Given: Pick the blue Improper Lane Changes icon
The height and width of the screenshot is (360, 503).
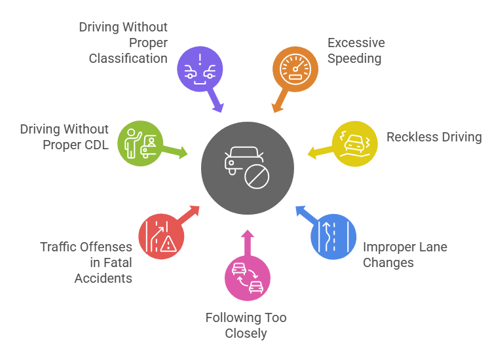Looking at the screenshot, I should click(333, 236).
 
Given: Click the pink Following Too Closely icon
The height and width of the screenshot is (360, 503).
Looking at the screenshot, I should click(248, 278).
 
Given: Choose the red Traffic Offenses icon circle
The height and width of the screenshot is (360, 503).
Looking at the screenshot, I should click(161, 236).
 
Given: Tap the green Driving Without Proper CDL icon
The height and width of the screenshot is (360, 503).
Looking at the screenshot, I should click(140, 143).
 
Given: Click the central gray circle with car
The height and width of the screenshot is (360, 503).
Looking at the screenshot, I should click(248, 168).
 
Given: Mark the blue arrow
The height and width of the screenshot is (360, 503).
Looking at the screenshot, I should click(303, 213).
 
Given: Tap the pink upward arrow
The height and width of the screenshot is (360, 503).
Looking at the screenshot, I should click(248, 240).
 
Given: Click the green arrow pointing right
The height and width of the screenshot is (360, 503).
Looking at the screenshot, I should click(175, 151).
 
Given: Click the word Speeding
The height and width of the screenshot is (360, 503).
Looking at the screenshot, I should click(354, 58).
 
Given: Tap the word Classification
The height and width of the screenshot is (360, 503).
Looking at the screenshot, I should click(128, 58).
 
